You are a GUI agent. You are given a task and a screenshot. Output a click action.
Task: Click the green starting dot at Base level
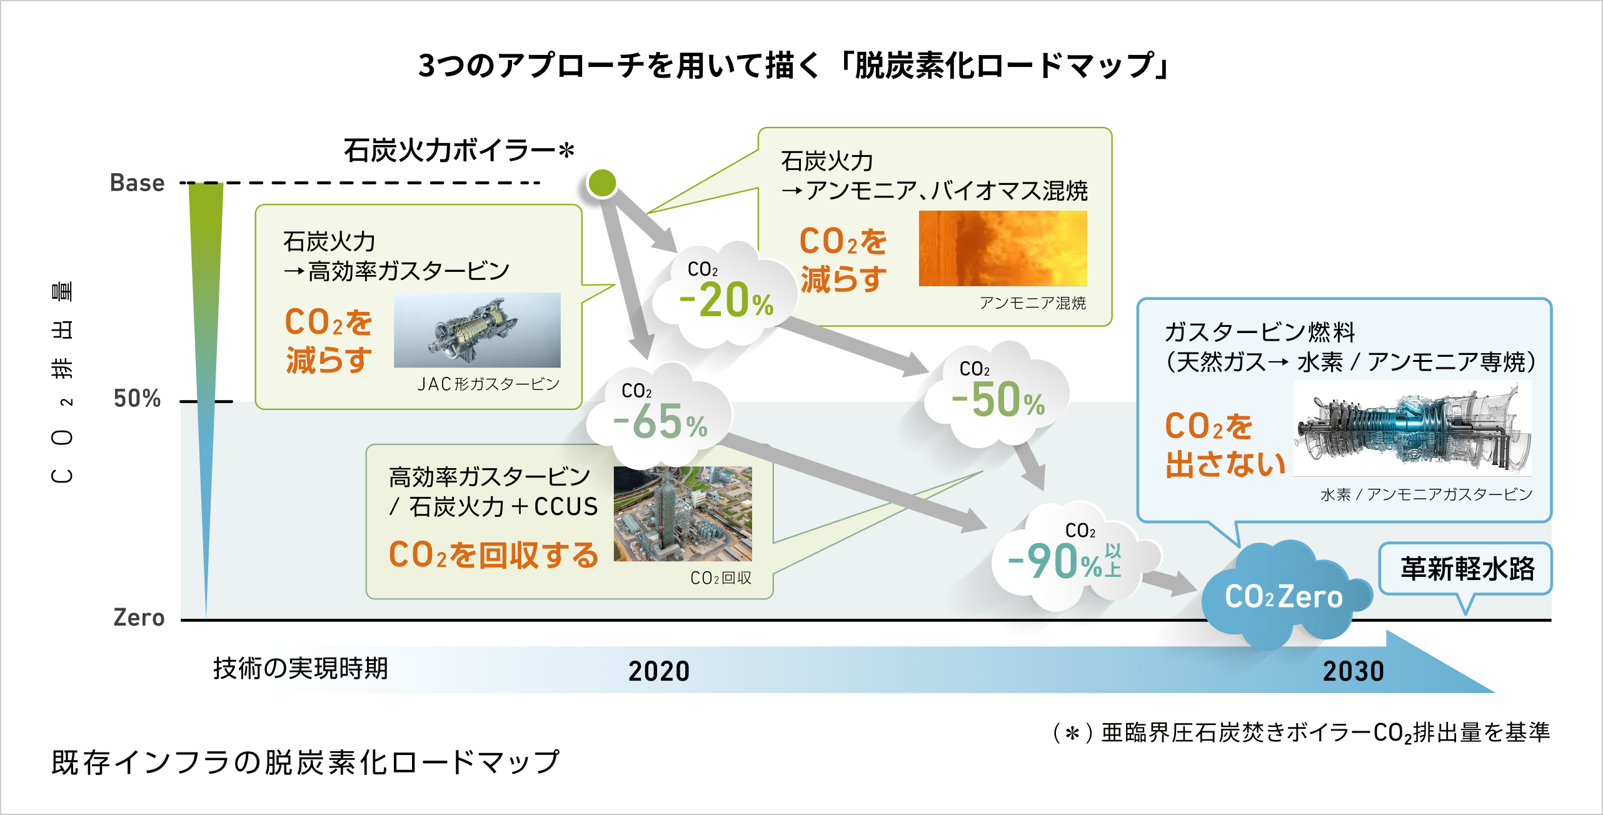click(x=602, y=183)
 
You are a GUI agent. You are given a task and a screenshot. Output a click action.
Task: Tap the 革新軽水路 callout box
click(x=1467, y=569)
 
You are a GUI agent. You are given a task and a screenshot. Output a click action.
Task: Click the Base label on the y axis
click(x=137, y=183)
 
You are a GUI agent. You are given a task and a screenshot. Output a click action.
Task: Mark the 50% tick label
click(x=137, y=399)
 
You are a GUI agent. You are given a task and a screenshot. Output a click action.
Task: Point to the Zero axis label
click(x=139, y=617)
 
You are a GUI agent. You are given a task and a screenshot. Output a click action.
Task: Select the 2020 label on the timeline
click(x=659, y=671)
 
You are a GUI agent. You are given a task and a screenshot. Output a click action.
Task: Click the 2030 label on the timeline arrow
click(x=1354, y=671)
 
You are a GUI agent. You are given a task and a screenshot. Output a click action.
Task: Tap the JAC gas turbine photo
click(x=477, y=330)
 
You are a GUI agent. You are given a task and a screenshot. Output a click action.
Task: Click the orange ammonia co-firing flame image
click(x=1002, y=249)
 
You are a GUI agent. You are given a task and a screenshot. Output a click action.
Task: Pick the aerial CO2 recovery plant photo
click(x=683, y=514)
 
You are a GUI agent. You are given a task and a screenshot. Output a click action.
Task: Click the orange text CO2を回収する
click(x=494, y=555)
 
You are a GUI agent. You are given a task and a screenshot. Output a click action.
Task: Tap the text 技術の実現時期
click(x=301, y=668)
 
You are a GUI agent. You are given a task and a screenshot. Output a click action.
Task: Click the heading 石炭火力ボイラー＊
click(x=459, y=151)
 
